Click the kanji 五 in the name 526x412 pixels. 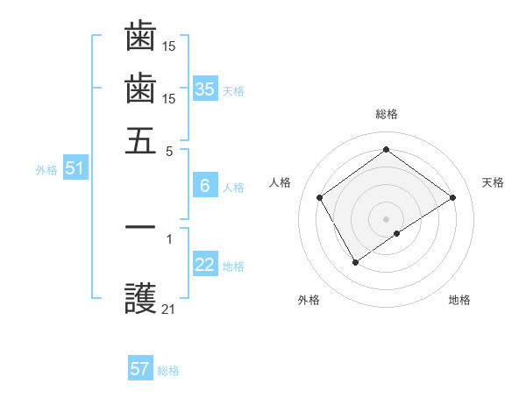pos(140,140)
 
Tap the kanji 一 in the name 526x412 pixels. pos(140,227)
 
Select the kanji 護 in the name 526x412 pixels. pos(140,301)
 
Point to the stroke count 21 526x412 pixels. pos(169,309)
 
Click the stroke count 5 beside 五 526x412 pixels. pos(170,150)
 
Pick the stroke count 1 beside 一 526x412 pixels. pos(169,238)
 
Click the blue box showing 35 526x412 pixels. pos(205,89)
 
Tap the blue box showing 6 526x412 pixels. pos(205,186)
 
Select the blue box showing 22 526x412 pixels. pos(205,266)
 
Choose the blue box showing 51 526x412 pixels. pos(75,169)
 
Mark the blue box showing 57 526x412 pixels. pos(140,369)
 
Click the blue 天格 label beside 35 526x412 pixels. pos(234,91)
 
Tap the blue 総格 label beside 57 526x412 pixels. pos(169,371)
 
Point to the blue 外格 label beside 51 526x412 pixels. pos(46,171)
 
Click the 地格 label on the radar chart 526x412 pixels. pos(459,300)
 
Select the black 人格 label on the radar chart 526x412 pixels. pos(280,182)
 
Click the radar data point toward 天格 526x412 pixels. pos(452,197)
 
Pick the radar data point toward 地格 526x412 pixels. pos(397,233)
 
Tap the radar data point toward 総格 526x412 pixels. pos(386,149)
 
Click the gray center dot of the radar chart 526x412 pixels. pos(386,218)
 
